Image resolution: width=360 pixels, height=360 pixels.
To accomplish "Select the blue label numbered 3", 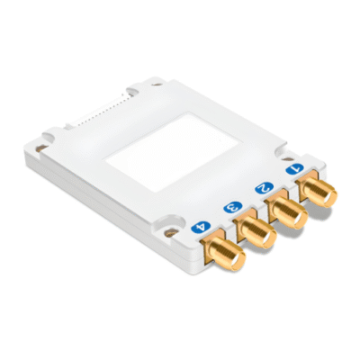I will [x=232, y=207].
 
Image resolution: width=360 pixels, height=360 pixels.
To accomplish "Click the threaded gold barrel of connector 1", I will [x=318, y=190].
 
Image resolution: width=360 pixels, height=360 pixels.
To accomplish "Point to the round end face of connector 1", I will [x=324, y=194].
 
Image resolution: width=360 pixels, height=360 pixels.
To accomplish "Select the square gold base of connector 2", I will [x=275, y=202].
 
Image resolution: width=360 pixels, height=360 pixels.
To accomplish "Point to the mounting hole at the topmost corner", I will [x=136, y=89].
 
